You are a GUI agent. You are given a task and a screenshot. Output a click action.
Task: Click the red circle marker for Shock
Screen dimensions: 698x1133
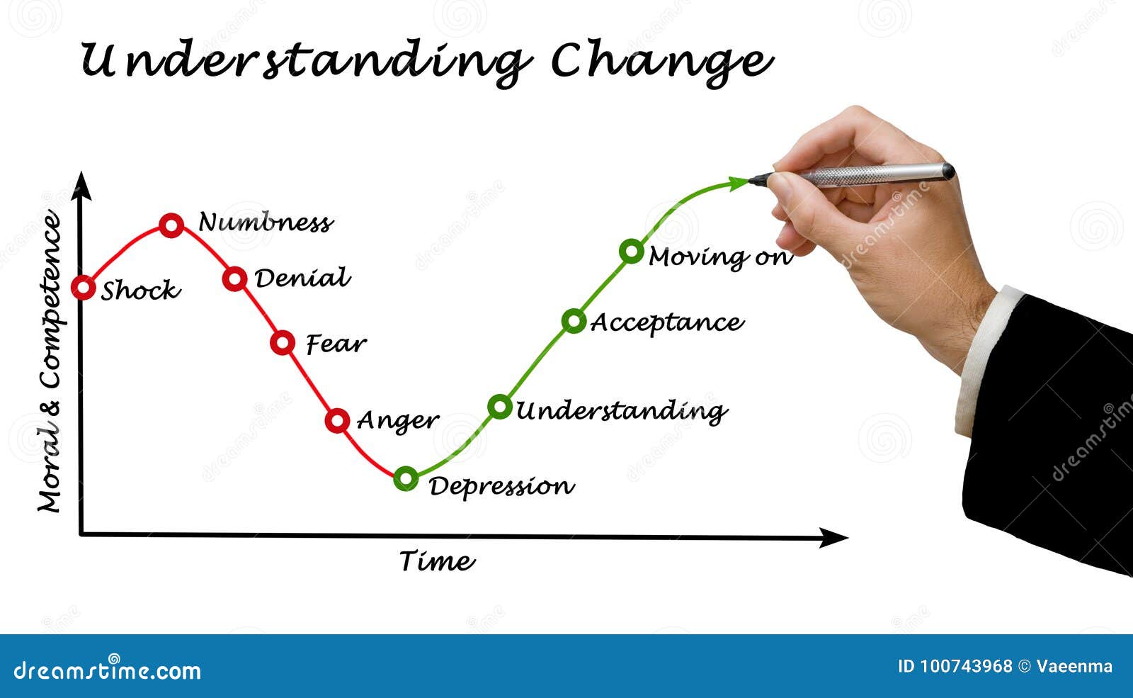(84, 288)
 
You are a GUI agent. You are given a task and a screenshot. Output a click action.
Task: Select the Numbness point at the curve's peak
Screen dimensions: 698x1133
(171, 225)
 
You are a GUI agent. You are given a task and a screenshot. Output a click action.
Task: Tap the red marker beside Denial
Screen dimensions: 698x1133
(235, 278)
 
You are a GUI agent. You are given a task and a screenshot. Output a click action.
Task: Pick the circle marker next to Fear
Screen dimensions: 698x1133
(283, 343)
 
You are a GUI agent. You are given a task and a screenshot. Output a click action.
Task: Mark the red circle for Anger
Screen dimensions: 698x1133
(338, 420)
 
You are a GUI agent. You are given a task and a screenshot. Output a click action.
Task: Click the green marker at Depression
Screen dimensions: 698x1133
(406, 479)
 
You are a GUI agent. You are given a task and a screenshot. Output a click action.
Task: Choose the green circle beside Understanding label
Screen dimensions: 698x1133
(500, 407)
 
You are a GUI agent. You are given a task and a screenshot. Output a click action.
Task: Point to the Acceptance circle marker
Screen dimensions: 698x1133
(574, 321)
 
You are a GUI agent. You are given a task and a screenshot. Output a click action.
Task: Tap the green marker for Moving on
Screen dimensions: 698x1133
(631, 251)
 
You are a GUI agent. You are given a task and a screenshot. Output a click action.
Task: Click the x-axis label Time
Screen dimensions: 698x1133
(436, 561)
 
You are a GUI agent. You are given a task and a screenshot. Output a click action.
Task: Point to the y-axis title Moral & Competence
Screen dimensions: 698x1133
(50, 361)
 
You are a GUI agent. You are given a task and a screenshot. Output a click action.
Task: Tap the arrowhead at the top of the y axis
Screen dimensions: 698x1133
(83, 185)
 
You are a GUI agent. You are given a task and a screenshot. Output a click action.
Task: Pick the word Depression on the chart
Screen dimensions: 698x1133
(501, 487)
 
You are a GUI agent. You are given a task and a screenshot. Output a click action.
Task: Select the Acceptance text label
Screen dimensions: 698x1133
(666, 323)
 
